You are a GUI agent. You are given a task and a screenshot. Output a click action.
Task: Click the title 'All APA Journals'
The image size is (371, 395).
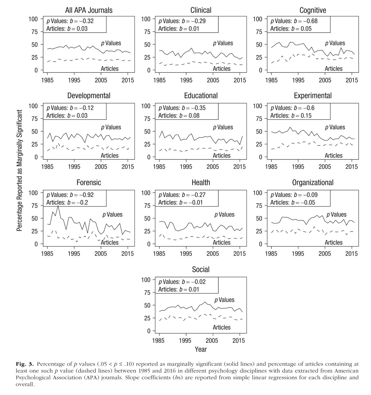pyautogui.click(x=89, y=10)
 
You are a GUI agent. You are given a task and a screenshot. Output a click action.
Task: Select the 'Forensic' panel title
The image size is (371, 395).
pyautogui.click(x=89, y=183)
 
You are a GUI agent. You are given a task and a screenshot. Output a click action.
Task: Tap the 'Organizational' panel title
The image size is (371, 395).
pyautogui.click(x=312, y=183)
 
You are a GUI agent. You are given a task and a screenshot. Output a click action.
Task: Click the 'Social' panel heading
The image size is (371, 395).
pyautogui.click(x=201, y=270)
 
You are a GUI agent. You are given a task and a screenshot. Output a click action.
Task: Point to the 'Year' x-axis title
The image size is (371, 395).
pyautogui.click(x=201, y=349)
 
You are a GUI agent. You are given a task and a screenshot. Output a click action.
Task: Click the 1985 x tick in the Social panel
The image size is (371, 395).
pyautogui.click(x=160, y=340)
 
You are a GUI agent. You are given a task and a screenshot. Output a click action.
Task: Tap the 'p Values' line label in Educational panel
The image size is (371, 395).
pyautogui.click(x=223, y=127)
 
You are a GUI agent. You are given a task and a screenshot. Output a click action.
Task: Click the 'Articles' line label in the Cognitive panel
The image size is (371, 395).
pyautogui.click(x=334, y=68)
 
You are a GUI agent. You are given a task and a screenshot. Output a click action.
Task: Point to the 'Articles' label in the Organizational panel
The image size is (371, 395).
pyautogui.click(x=334, y=242)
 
